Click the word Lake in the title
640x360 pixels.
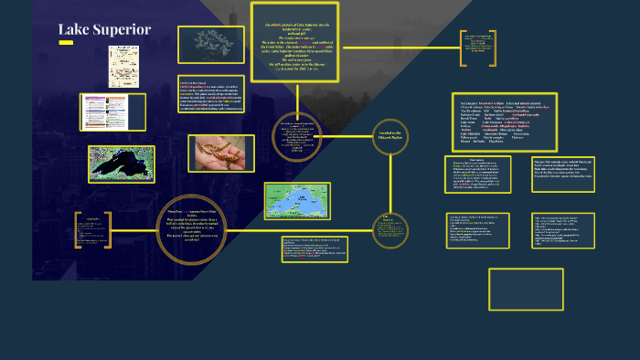point(72,30)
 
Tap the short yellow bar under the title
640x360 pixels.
point(66,43)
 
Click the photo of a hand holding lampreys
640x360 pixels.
point(220,154)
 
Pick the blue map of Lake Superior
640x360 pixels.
point(297,200)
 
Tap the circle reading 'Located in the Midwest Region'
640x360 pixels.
point(389,137)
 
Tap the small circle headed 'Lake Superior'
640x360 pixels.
point(389,228)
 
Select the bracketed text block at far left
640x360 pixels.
point(94,230)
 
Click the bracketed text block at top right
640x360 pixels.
point(477,48)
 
